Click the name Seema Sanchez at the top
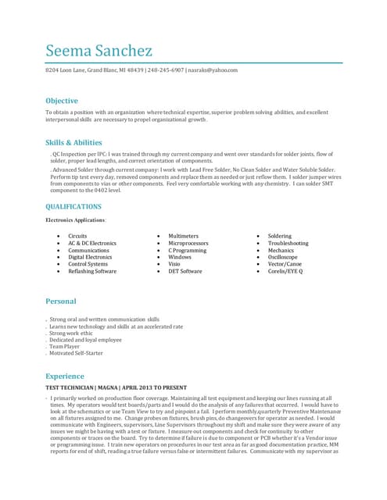(x=99, y=51)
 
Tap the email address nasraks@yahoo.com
(x=213, y=70)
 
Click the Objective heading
(x=62, y=101)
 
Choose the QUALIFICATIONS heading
(x=73, y=207)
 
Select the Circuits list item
(x=77, y=236)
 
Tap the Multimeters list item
(x=184, y=236)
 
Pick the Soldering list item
(x=279, y=236)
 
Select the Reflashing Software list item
(x=92, y=271)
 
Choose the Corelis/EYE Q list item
(x=285, y=271)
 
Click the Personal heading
(x=61, y=302)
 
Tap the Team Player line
(x=66, y=346)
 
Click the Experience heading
(x=64, y=376)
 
